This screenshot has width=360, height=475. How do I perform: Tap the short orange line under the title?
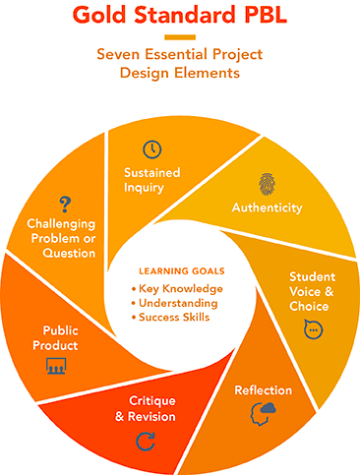pos(179,37)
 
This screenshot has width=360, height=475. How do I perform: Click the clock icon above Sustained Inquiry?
pos(152,149)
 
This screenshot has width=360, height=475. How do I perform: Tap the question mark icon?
pos(65,204)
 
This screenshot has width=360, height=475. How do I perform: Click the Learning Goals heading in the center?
pos(181,270)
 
